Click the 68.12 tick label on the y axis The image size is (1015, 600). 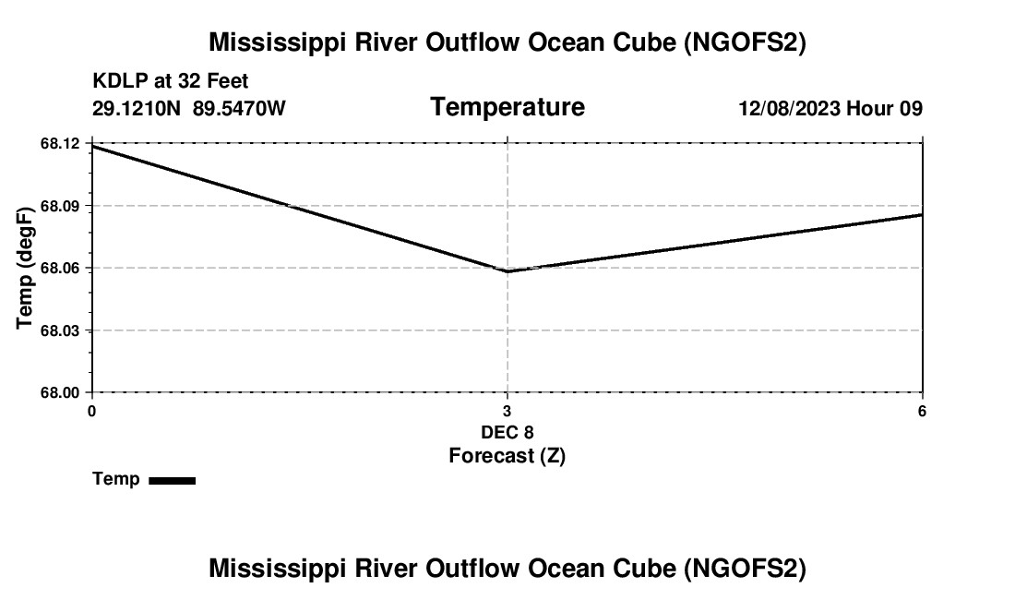[x=61, y=143]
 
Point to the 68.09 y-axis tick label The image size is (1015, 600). [x=61, y=205]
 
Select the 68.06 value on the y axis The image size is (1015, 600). [x=61, y=268]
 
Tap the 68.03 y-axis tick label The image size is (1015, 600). [x=61, y=330]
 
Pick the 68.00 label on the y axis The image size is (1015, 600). [x=61, y=392]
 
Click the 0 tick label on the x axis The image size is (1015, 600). [x=91, y=411]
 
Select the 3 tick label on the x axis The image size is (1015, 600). [x=507, y=411]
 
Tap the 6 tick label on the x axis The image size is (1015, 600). [x=922, y=411]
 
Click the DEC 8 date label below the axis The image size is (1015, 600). [x=507, y=432]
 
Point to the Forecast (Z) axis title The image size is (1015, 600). [x=507, y=455]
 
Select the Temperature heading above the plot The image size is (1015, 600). [x=507, y=107]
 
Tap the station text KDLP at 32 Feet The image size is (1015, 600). [x=171, y=82]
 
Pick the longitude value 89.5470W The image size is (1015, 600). [x=239, y=109]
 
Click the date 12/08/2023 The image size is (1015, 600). [x=790, y=109]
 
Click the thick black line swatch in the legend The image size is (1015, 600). [x=172, y=480]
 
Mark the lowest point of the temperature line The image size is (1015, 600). [x=507, y=271]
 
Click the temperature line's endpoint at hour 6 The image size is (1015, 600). [x=922, y=214]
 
